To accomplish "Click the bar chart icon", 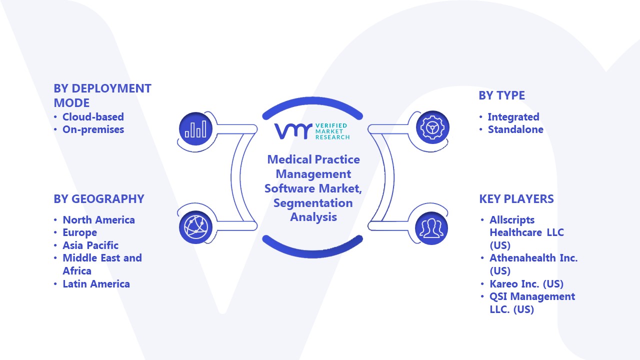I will [x=195, y=128].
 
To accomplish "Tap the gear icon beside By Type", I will [x=432, y=128].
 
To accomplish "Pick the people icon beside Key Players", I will [x=432, y=227].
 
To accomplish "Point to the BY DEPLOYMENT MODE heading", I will [x=102, y=95].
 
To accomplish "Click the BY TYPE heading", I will [x=501, y=95].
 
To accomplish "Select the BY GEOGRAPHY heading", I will [x=99, y=199].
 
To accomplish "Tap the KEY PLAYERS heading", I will [x=516, y=199].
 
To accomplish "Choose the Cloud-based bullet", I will [x=93, y=117].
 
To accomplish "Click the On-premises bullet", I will [x=93, y=129].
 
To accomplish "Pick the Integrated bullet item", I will [x=513, y=117].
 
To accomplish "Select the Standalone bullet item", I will [x=515, y=129].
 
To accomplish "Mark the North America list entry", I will [x=98, y=220].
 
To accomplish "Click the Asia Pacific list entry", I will [x=90, y=245].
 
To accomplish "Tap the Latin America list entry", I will [x=96, y=284].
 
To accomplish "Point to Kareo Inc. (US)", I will [x=526, y=284].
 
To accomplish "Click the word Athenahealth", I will [x=525, y=258].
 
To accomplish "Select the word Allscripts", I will [x=512, y=220].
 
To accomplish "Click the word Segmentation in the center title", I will [x=313, y=203].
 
